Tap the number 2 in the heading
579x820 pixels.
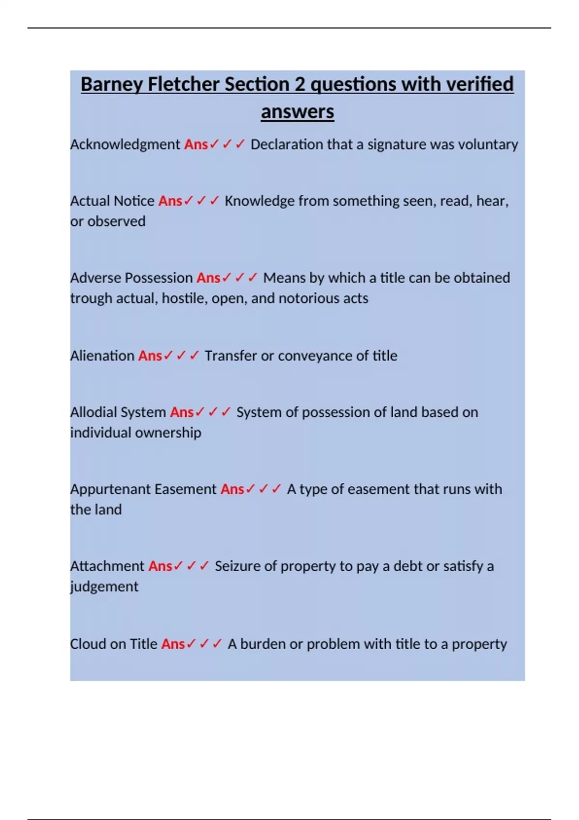tap(300, 84)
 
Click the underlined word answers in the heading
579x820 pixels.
tap(297, 112)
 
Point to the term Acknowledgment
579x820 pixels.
tap(125, 144)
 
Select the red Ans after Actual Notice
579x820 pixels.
tap(170, 201)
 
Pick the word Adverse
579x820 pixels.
tap(95, 278)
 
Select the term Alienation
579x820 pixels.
tap(102, 355)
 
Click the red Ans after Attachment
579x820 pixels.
tap(160, 566)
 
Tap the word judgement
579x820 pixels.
tap(104, 587)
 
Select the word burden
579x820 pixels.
tap(263, 644)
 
